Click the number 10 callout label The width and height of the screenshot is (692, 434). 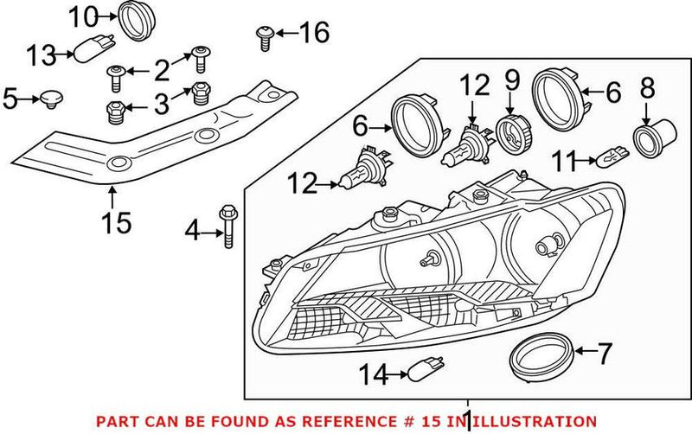(84, 16)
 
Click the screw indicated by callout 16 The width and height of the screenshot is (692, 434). (264, 35)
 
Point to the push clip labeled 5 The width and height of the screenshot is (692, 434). (52, 99)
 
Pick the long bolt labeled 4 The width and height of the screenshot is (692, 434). (228, 227)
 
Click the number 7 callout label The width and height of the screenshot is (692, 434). (604, 352)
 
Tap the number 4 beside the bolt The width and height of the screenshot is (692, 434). (192, 230)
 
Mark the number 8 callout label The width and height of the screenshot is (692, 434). (646, 87)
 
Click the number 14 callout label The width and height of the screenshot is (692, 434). (374, 374)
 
